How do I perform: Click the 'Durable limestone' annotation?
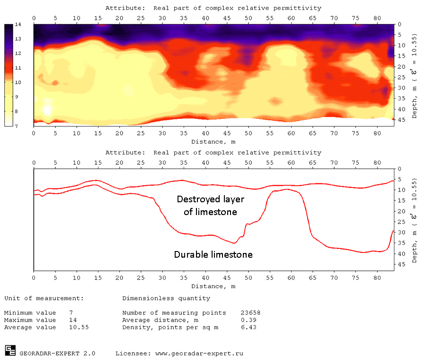pos(213,254)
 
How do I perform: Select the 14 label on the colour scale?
pos(18,24)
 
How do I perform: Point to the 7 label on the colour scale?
pos(18,126)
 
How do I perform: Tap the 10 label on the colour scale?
pos(18,82)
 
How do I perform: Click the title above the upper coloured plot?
pos(213,8)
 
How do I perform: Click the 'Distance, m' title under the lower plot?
pos(213,286)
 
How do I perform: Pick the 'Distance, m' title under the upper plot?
pos(213,142)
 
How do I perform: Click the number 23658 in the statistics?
pos(251,313)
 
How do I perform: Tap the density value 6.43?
pos(249,327)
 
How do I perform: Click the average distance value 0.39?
pos(249,320)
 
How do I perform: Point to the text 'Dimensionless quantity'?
pos(166,298)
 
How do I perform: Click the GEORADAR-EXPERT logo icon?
pos(10,351)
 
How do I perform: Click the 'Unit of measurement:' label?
pos(44,298)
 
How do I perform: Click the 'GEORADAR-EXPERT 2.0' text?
pos(57,353)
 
